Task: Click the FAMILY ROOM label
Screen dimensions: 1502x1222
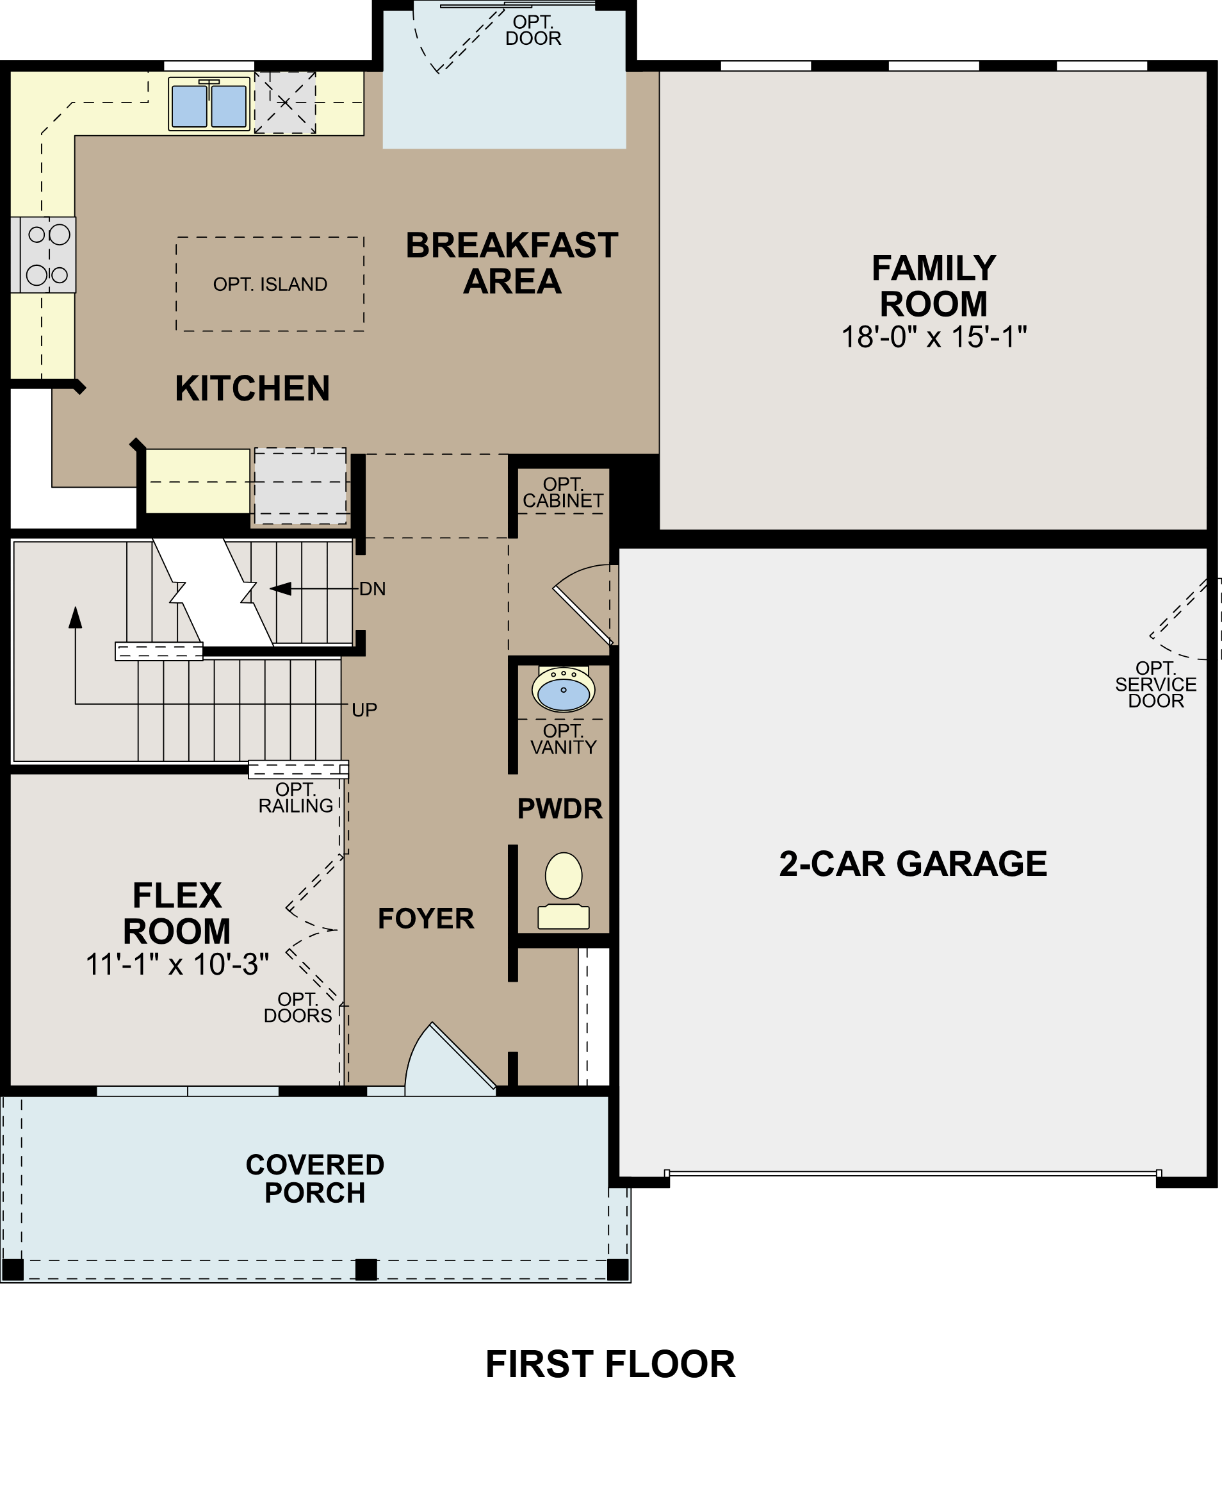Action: pyautogui.click(x=933, y=286)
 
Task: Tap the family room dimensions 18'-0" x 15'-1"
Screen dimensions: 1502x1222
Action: pyautogui.click(x=933, y=337)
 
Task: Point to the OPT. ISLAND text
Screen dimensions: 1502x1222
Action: pyautogui.click(x=270, y=285)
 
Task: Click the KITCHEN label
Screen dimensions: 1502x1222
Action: pyautogui.click(x=252, y=389)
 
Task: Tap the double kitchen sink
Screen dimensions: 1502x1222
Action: pyautogui.click(x=209, y=105)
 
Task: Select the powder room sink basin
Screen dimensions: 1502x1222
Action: pyautogui.click(x=563, y=691)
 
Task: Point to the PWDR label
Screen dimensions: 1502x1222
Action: pyautogui.click(x=560, y=809)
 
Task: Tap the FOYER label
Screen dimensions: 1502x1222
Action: pyautogui.click(x=426, y=919)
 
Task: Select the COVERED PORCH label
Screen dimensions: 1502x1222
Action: pyautogui.click(x=314, y=1179)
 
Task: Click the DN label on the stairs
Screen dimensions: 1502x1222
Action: pyautogui.click(x=372, y=590)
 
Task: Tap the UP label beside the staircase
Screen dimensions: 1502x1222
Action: pyautogui.click(x=364, y=711)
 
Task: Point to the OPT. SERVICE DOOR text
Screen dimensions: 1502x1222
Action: pyautogui.click(x=1155, y=684)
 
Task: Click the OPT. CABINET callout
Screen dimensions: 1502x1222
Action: pyautogui.click(x=562, y=493)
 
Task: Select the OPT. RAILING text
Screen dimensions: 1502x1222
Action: pyautogui.click(x=295, y=798)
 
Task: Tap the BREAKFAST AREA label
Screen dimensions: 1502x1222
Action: pyautogui.click(x=512, y=263)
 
